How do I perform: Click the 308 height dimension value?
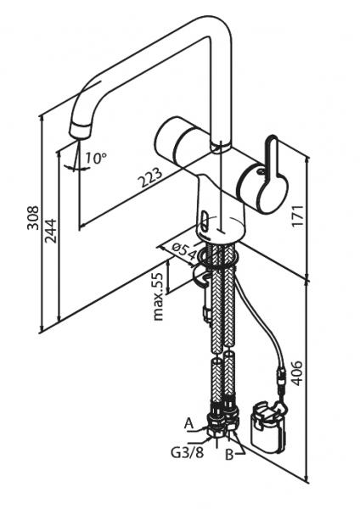(33, 217)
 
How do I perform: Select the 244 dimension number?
(50, 231)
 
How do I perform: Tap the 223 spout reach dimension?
(149, 177)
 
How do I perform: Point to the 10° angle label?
(96, 158)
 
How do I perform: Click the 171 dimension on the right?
(297, 215)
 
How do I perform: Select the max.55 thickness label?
(158, 296)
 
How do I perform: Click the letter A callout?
(188, 423)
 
